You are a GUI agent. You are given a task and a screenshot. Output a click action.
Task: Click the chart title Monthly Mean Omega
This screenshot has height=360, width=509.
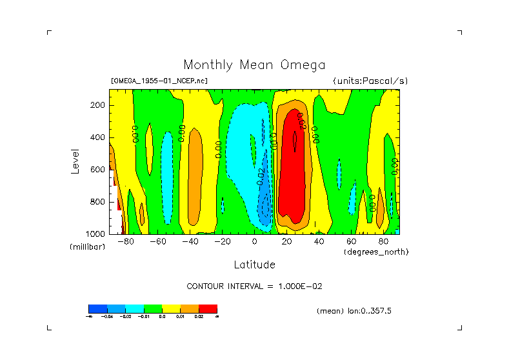coord(254,65)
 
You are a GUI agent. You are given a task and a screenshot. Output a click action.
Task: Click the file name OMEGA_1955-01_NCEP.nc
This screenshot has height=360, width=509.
coord(159,81)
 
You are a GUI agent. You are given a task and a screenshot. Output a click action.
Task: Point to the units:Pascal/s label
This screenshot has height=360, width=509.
coord(370,81)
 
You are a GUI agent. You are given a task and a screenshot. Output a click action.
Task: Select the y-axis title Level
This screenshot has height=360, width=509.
coord(76,161)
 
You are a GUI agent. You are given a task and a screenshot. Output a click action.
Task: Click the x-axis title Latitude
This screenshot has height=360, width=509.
coord(254,265)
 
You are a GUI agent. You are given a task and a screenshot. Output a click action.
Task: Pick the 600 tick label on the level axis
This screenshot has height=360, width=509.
coord(98,170)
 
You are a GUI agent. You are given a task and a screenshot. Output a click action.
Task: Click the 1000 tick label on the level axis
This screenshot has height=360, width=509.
coord(96,234)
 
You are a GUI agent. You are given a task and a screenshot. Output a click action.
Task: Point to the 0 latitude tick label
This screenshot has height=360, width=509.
coord(255,241)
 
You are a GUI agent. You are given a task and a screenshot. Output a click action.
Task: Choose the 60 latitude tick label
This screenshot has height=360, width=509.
coord(352,241)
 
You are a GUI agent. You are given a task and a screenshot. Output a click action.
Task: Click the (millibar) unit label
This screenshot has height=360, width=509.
coord(87,248)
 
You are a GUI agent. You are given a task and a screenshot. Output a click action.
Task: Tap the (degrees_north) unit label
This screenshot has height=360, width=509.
coord(376,251)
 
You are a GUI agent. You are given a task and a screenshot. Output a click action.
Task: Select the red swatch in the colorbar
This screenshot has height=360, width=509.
coord(208,308)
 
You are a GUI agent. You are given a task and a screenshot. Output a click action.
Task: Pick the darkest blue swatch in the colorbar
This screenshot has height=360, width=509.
coord(97,308)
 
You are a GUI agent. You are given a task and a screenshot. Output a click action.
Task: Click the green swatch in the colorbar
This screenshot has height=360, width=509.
coord(152,308)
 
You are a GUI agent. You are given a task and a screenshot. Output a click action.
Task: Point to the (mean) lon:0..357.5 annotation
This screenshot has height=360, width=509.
coord(354,311)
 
